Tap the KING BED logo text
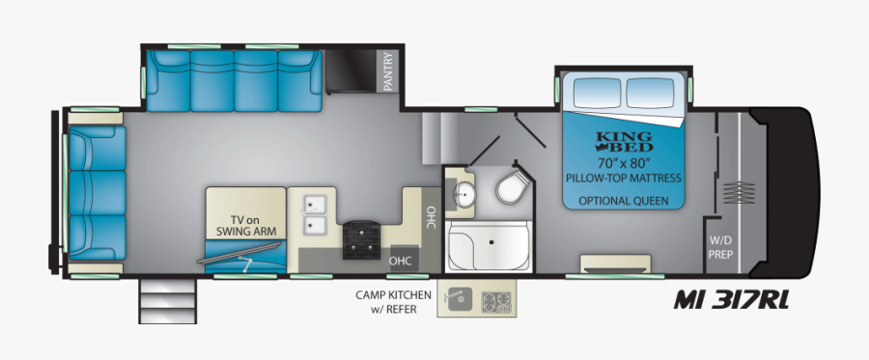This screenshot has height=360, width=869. [623, 140]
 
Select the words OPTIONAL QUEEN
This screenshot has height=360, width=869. [623, 201]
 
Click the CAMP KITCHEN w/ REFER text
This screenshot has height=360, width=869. [391, 301]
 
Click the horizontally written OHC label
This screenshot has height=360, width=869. [401, 260]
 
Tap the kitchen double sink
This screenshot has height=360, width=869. [315, 215]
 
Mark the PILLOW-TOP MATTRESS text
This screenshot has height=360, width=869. [623, 179]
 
